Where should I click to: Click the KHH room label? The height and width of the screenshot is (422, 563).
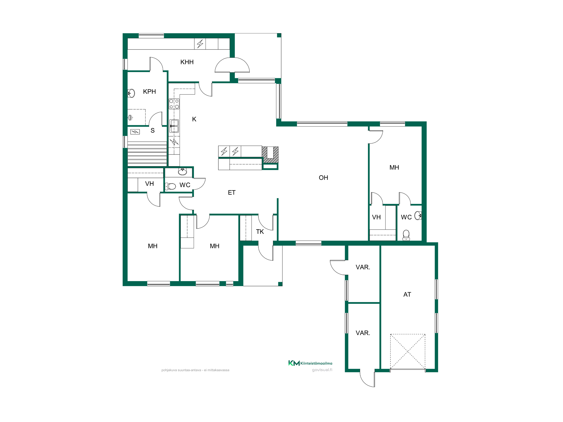187,62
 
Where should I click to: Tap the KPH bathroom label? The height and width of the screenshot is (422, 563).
149,92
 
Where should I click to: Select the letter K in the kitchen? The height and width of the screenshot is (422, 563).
194,119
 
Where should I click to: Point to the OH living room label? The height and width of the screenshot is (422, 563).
323,178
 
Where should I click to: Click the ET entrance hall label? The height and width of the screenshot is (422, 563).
232,193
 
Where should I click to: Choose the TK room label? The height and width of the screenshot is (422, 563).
260,232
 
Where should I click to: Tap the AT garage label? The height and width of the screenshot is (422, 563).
407,295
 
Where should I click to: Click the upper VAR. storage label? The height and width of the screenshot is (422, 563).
363,267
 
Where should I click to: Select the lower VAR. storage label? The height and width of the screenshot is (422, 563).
363,333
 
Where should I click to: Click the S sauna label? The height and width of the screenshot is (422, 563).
153,131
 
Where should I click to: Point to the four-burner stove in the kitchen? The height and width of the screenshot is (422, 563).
174,104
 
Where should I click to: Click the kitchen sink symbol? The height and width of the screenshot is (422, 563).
174,126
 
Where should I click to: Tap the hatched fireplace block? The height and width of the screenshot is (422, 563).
270,155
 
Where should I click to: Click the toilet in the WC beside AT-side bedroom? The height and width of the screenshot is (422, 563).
406,235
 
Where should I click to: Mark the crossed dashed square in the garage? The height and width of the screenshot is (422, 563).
408,352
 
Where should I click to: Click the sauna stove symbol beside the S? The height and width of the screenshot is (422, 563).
135,132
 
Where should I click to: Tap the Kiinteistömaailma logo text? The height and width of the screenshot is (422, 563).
316,363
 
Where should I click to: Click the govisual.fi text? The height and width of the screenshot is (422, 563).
322,370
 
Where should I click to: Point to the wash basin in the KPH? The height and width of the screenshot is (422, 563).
131,93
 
